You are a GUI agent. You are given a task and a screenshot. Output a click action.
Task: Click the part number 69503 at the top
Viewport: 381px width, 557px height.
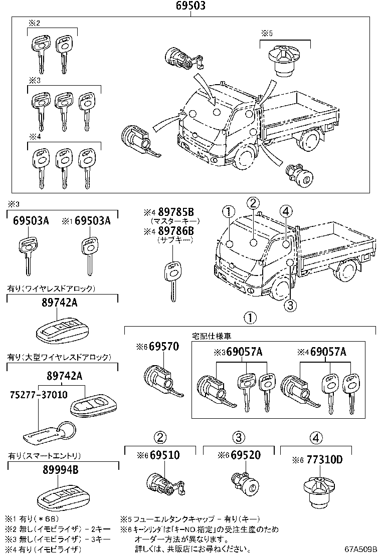(x=190, y=7)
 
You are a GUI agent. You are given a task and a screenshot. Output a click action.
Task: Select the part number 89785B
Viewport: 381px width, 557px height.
(x=175, y=212)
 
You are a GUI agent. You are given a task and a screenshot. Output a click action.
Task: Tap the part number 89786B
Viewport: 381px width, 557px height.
(x=175, y=231)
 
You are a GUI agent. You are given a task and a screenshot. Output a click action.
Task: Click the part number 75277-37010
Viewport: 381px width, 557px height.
(x=37, y=394)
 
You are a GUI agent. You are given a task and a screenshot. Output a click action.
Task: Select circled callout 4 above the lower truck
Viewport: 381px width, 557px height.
(x=285, y=211)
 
